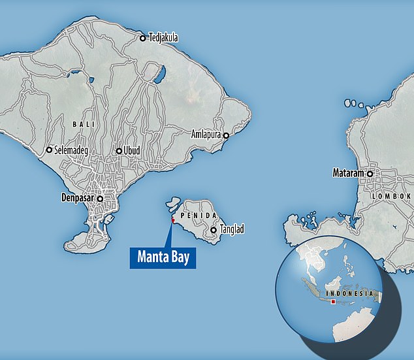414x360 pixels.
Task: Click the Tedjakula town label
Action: pyautogui.click(x=163, y=39)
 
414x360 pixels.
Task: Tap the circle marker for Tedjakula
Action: pyautogui.click(x=142, y=39)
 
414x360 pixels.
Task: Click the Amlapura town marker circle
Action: pyautogui.click(x=226, y=135)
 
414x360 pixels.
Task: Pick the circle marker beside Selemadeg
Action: pyautogui.click(x=49, y=150)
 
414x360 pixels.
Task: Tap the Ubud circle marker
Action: pyautogui.click(x=119, y=151)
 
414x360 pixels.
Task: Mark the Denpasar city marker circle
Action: pyautogui.click(x=101, y=198)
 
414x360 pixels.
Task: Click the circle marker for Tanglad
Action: pyautogui.click(x=214, y=230)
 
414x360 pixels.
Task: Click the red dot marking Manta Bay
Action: pyautogui.click(x=173, y=220)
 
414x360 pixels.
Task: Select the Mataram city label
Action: pyautogui.click(x=347, y=174)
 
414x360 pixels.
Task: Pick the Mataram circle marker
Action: pyautogui.click(x=370, y=174)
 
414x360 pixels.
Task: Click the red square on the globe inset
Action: pyautogui.click(x=333, y=302)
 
